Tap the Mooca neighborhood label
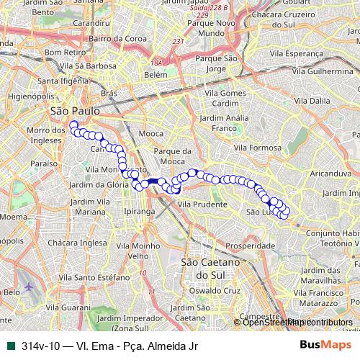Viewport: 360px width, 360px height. [x=152, y=134]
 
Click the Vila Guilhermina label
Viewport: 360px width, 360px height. [x=330, y=73]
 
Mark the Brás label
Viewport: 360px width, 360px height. [x=109, y=94]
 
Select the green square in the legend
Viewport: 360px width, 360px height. [x=10, y=345]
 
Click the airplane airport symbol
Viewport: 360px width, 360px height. [x=29, y=287]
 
